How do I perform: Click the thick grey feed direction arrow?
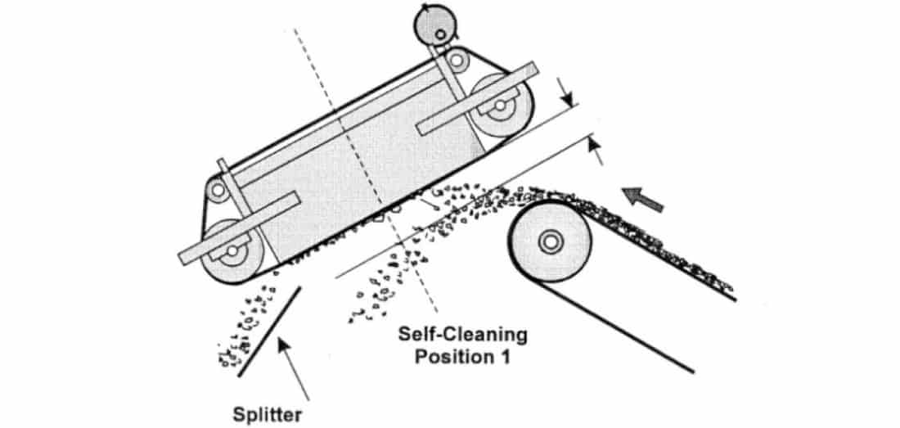[643, 199]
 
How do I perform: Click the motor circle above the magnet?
[435, 24]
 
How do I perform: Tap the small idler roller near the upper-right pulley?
[457, 60]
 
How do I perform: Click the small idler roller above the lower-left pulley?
[218, 190]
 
